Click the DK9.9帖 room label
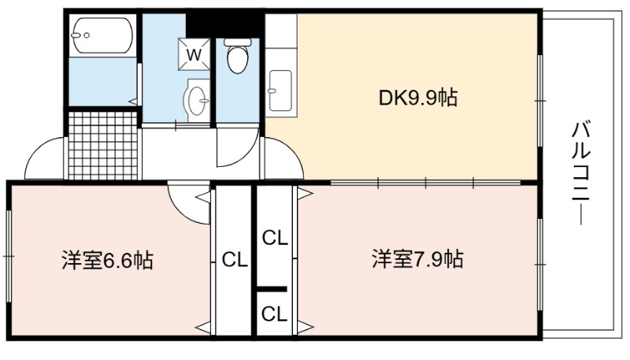point(418,98)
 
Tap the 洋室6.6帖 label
point(107,261)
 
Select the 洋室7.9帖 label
point(417,259)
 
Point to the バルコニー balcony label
point(580,174)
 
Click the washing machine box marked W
point(194,54)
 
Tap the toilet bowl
point(238,56)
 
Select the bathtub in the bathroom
point(102,35)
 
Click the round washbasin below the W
point(196,101)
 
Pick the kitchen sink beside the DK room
point(280,91)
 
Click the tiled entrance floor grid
point(103,146)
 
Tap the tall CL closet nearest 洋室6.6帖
point(234,260)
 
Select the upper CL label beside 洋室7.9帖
point(275,239)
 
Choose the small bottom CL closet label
point(274,314)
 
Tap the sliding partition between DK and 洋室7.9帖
point(426,184)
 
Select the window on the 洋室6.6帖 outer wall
point(8,255)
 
